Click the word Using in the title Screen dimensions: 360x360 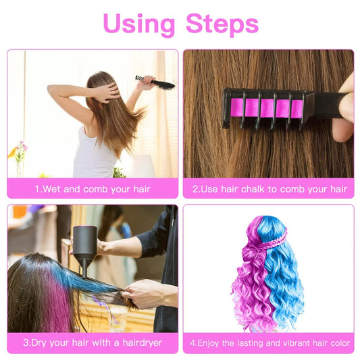coord(139,24)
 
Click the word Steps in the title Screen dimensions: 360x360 coord(222,24)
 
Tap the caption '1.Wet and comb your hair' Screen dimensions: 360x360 coord(93,189)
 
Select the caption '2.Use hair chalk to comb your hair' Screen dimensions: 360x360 coord(269,189)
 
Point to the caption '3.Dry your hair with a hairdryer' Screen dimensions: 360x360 coord(93,342)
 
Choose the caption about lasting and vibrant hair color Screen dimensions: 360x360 coord(269,342)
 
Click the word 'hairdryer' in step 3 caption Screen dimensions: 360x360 coord(139,342)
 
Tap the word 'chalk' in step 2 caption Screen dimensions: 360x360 coord(259,189)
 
